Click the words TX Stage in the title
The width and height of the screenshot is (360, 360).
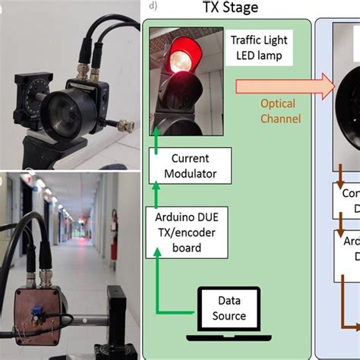[x=229, y=8]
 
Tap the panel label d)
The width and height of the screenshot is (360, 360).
[x=153, y=7]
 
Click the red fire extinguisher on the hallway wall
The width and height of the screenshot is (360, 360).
[x=113, y=223]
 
